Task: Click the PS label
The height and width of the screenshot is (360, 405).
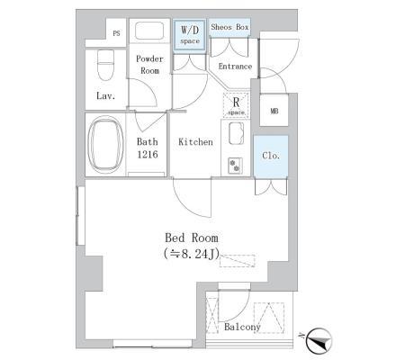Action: pos(116,33)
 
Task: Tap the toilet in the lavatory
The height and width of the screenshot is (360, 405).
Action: pos(105,65)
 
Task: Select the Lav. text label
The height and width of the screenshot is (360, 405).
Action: pos(105,96)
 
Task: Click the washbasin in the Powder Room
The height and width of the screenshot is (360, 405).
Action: pos(149,31)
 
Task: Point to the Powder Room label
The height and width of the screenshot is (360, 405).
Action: pos(149,65)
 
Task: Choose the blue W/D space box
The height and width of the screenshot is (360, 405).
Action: pos(190,35)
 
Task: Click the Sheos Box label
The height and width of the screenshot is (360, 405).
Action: pos(229,27)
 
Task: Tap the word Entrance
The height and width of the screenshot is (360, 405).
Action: pos(235,67)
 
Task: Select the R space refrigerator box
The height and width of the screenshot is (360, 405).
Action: pos(236,104)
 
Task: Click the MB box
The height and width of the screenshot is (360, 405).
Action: pos(274,110)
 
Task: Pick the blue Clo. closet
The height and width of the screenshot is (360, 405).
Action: pos(271,157)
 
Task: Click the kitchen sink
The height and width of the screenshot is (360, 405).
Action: pos(236,133)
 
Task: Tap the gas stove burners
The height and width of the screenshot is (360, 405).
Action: pos(235,166)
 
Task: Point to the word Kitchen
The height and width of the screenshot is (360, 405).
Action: pos(195,142)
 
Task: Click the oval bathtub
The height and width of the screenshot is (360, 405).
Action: pos(106,145)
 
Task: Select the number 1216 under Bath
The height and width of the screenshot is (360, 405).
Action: pos(148,155)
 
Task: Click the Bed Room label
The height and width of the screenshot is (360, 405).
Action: pos(192,238)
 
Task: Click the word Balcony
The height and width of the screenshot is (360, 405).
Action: pos(242,327)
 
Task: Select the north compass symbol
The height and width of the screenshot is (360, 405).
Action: pos(319,340)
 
